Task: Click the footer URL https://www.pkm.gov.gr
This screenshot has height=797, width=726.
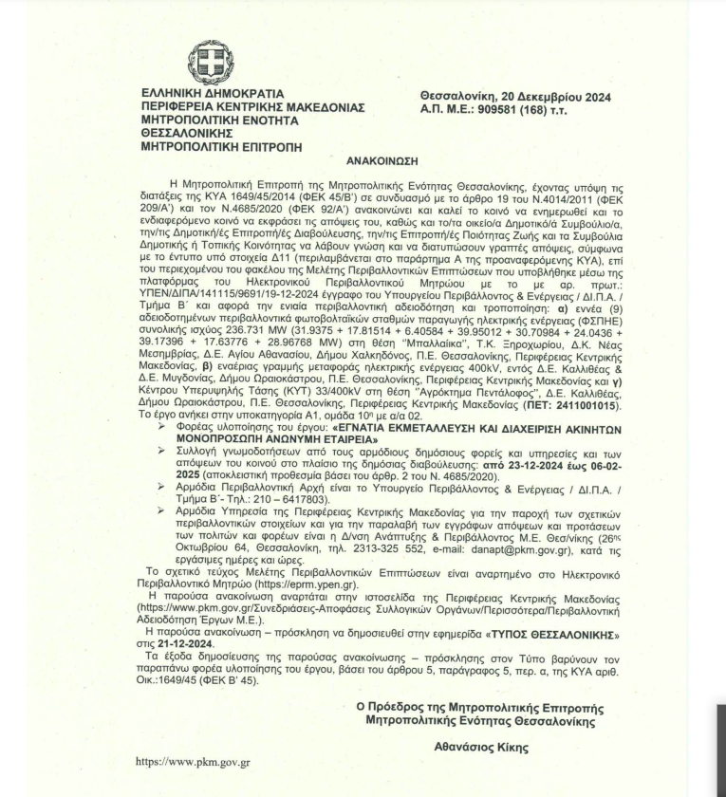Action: [x=193, y=761]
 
